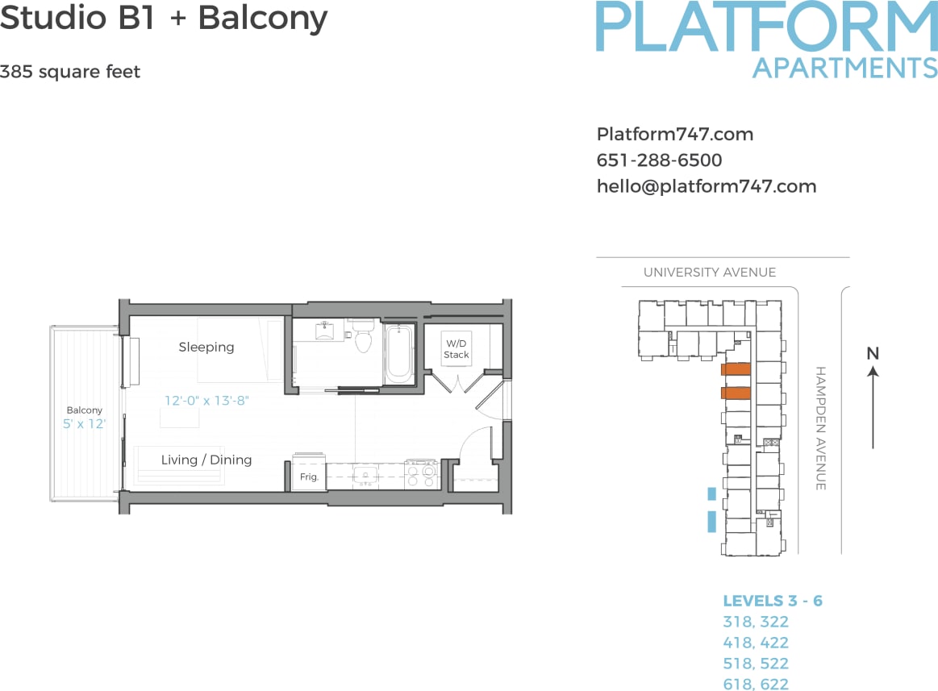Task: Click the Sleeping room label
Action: coord(206,347)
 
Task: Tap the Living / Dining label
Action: coord(206,460)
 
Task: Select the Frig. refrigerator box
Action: coord(309,476)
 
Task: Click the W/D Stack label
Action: coord(456,349)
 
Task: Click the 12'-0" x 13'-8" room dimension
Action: coord(206,400)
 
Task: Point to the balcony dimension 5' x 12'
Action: coord(85,423)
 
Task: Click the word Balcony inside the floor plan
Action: coord(85,410)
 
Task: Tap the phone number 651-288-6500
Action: coord(659,160)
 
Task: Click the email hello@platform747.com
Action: coord(706,186)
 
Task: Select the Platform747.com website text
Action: coord(674,135)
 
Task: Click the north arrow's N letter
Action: coord(872,353)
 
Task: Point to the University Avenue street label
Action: coord(709,273)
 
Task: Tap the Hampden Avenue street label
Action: coord(820,428)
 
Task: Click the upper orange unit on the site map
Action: coord(736,369)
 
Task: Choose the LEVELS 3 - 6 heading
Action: coord(773,601)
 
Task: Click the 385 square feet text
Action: coord(70,72)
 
